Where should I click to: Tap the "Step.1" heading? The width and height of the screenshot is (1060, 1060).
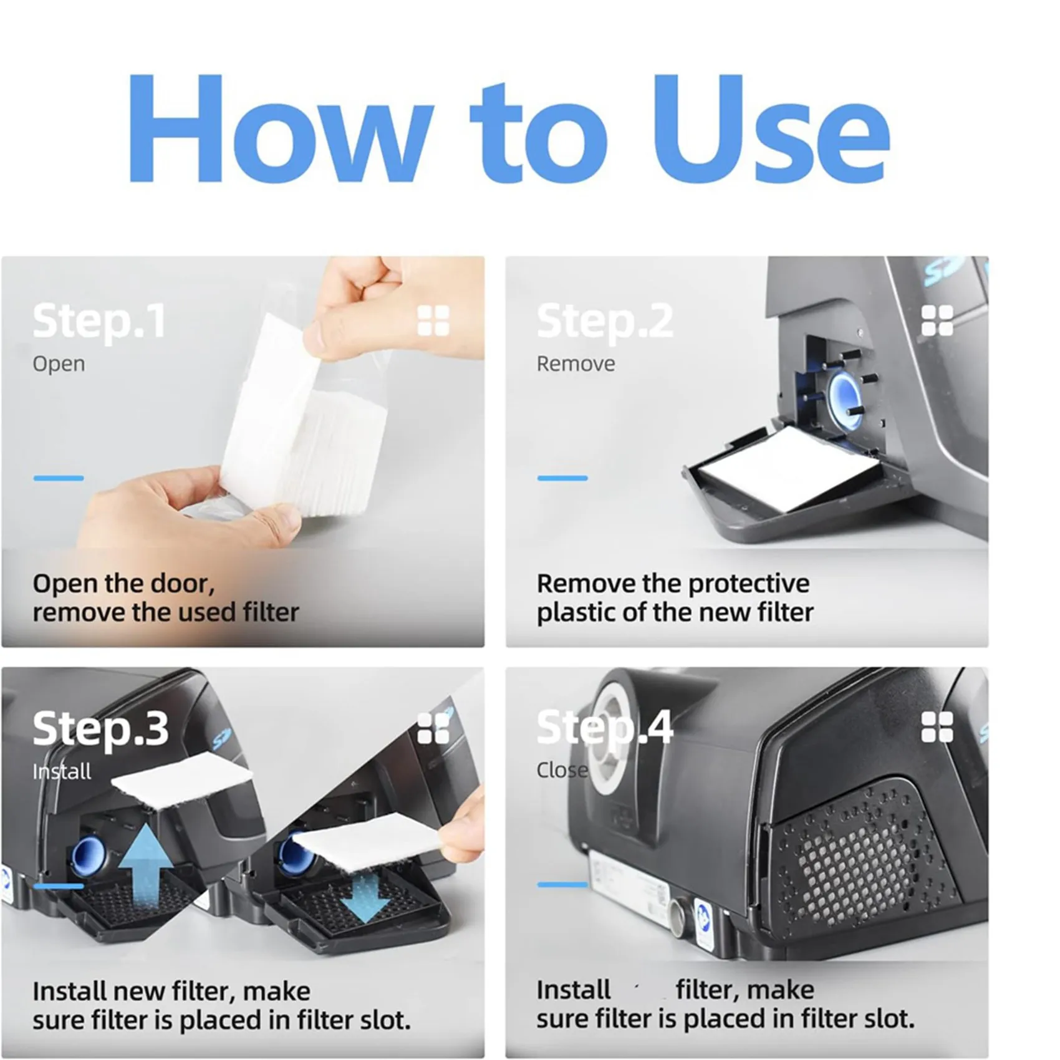99,322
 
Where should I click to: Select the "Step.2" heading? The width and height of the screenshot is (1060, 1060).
605,322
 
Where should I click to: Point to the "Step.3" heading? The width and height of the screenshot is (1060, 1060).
100,729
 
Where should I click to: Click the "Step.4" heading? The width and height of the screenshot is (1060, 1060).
605,728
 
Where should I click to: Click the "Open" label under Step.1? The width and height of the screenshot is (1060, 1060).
59,365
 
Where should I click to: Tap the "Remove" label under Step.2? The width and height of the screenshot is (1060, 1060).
576,364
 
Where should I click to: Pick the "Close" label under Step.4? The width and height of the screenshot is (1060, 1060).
562,770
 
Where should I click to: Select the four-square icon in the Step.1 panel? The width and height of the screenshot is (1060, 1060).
433,321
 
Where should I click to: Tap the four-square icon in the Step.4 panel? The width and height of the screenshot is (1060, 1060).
937,727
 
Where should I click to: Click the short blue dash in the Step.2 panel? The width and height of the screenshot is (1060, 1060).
562,478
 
